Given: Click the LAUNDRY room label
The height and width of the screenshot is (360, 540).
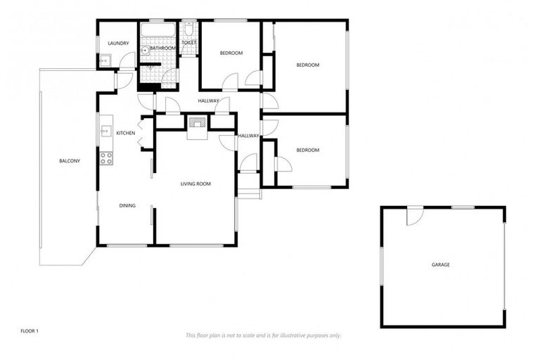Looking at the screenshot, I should click(118, 44).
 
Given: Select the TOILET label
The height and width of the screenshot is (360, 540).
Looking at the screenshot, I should click(188, 43).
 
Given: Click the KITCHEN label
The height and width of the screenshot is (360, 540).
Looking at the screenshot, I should click(126, 133).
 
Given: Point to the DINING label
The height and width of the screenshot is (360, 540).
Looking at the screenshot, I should click(127, 205).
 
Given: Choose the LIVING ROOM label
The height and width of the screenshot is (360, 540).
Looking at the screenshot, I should click(195, 184).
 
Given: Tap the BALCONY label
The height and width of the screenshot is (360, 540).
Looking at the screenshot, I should click(70, 161).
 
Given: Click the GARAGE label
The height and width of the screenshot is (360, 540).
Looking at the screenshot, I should click(441, 264).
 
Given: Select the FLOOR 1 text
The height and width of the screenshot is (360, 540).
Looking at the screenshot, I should click(29, 330).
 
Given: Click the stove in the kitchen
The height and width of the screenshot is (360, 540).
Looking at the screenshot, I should click(106, 159).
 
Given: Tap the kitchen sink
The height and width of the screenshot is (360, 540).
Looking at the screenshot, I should click(105, 131).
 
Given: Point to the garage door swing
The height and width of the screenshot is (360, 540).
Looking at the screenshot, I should click(415, 217).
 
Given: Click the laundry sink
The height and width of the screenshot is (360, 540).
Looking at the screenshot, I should click(103, 61).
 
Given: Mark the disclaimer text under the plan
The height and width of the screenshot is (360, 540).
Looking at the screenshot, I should click(263, 335).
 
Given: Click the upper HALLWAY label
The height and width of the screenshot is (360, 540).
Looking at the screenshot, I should click(209, 101).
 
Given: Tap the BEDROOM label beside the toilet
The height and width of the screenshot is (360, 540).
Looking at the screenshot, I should click(231, 53).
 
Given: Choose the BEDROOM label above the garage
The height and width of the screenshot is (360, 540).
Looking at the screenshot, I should click(307, 150).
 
